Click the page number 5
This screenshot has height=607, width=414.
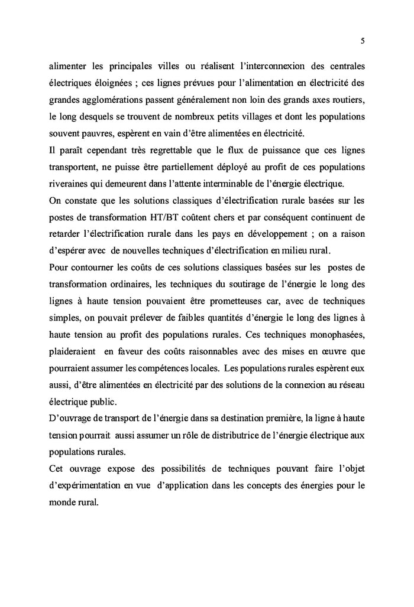click(x=362, y=41)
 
